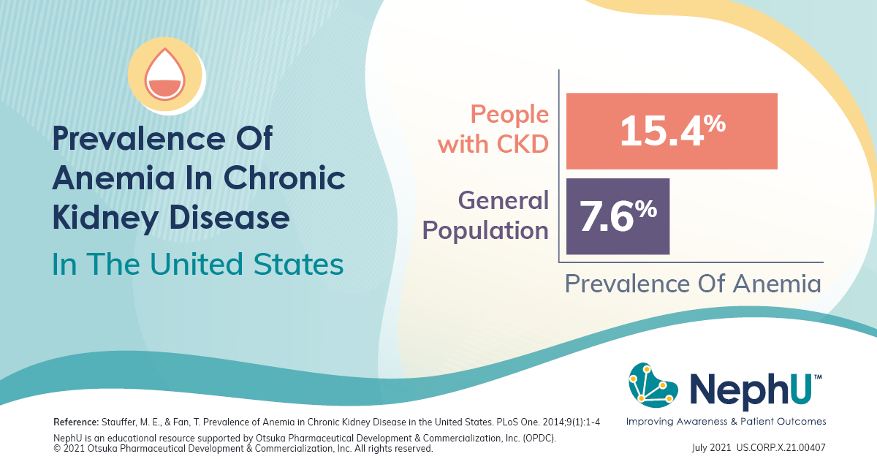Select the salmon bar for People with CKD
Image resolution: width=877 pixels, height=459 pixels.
[x=671, y=131]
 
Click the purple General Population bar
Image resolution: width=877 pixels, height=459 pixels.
[x=618, y=216]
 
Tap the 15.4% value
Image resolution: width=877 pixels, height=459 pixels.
[x=672, y=131]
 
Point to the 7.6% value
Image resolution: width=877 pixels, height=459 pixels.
[x=618, y=216]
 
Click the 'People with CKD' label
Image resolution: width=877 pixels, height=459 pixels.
[x=493, y=129]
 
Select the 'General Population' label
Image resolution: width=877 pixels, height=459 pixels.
[x=485, y=215]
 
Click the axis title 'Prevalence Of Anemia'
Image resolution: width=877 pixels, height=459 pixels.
[x=692, y=283]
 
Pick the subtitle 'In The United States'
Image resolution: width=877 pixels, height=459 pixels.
[x=197, y=264]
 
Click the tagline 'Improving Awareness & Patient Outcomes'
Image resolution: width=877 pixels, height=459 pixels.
[x=726, y=422]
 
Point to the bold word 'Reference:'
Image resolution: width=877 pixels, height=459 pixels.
[x=76, y=422]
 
